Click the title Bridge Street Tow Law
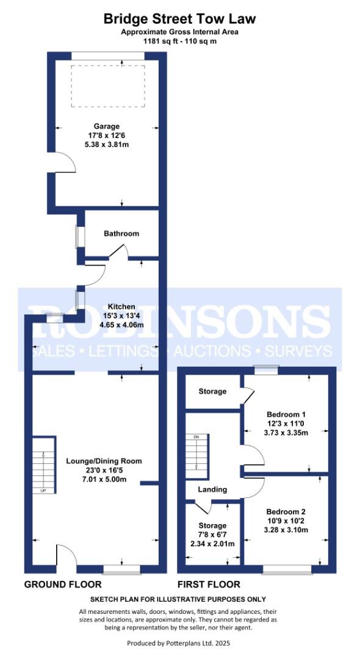click(x=179, y=19)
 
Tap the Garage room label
click(x=106, y=127)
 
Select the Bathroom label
click(x=121, y=234)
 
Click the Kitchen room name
click(x=121, y=306)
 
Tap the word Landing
click(x=212, y=489)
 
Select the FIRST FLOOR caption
click(x=209, y=585)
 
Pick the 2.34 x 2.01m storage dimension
click(x=213, y=544)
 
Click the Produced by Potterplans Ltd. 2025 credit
click(x=179, y=643)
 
